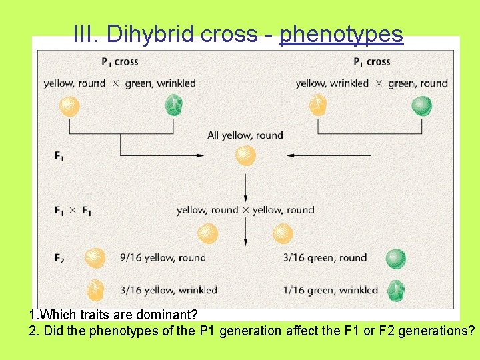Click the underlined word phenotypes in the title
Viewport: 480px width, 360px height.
[x=341, y=34]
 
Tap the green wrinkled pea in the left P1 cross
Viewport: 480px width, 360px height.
[x=174, y=105]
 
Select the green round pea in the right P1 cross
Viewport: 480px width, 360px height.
[x=422, y=106]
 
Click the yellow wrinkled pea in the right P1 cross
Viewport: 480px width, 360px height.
[x=318, y=105]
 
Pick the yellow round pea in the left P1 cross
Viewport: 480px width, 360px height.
[x=69, y=105]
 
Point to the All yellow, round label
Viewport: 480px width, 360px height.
[x=245, y=135]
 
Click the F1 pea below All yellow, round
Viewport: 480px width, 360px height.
[x=246, y=155]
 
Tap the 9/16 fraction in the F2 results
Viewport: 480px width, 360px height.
[x=131, y=258]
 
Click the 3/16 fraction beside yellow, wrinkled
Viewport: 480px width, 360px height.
[x=131, y=290]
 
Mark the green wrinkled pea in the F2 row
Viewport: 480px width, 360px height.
[x=396, y=290]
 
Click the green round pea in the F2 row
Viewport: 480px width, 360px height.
[x=396, y=258]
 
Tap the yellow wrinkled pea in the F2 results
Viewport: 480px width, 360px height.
[x=95, y=290]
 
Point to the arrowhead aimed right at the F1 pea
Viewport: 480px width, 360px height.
[x=200, y=155]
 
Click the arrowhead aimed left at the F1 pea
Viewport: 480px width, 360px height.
[x=291, y=155]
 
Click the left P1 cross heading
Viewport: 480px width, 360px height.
[x=120, y=62]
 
